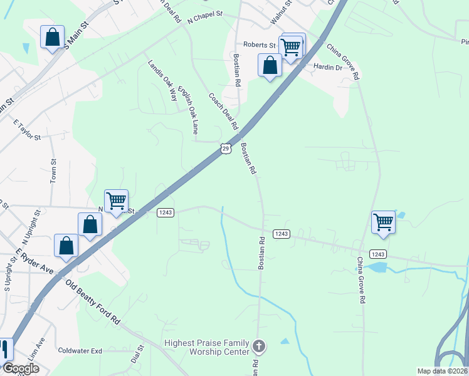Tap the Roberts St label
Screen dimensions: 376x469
[260, 45]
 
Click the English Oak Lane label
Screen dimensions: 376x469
[188, 110]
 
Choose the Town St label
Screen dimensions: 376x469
[53, 170]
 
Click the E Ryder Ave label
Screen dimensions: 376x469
[36, 263]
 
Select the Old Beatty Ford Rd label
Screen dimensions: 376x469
[93, 301]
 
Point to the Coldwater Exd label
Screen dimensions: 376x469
[80, 351]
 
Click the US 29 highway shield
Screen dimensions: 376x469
[226, 148]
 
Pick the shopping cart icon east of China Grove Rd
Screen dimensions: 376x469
[383, 221]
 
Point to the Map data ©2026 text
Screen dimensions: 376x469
[442, 370]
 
